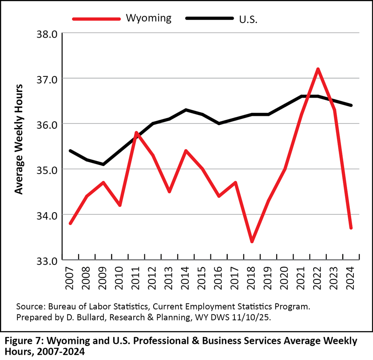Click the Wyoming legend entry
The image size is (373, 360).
tap(148, 18)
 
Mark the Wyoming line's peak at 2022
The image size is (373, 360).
tap(318, 69)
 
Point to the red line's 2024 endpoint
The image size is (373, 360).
tap(351, 228)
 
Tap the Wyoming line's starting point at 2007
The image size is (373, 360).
tap(71, 223)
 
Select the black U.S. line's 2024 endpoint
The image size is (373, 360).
tap(351, 105)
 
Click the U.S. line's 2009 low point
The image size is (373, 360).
tap(103, 164)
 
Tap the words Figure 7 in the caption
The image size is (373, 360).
tap(23, 341)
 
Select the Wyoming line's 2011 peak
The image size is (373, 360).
tap(136, 132)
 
